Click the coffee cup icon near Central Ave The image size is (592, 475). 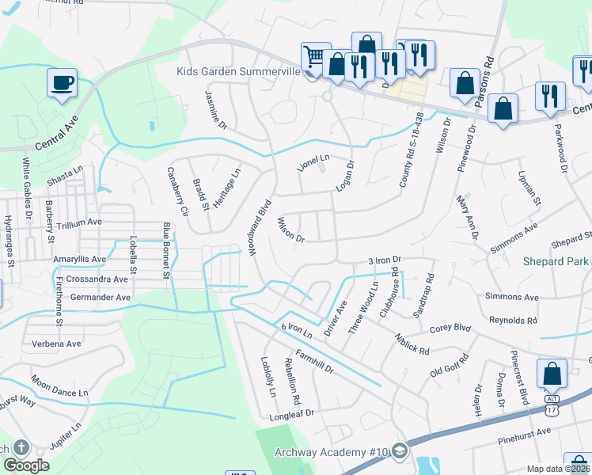(62, 82)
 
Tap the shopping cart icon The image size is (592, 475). (314, 56)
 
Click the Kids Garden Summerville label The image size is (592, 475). (238, 72)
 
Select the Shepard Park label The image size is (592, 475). (556, 261)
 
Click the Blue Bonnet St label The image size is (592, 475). (167, 251)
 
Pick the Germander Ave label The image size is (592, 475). (101, 297)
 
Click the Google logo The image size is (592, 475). (26, 466)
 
